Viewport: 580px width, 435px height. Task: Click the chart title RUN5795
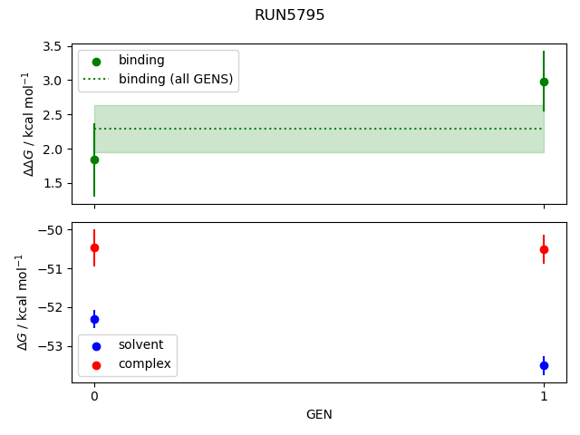click(x=290, y=15)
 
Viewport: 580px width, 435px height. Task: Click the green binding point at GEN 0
click(x=94, y=159)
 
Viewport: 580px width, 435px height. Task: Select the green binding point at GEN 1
click(x=544, y=82)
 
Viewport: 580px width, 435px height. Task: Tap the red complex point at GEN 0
click(x=94, y=247)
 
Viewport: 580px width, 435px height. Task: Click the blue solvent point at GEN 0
click(x=94, y=319)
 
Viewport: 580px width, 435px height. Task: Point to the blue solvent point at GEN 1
click(x=544, y=365)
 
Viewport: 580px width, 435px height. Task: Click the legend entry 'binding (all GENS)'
click(x=176, y=79)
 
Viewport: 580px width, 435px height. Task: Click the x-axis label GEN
click(x=319, y=414)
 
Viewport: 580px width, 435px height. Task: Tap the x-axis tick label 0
click(x=94, y=396)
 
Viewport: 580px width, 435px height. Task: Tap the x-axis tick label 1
click(x=544, y=396)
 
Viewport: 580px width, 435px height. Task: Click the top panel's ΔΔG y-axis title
click(x=29, y=124)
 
